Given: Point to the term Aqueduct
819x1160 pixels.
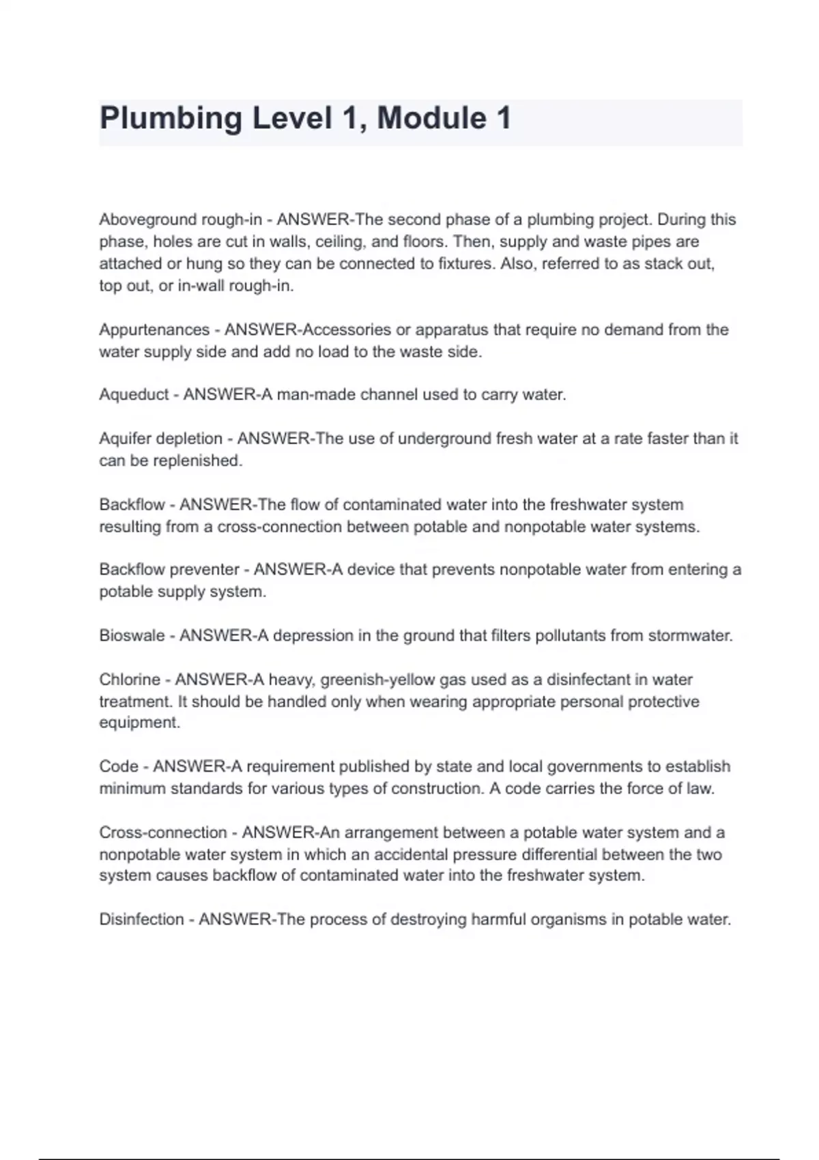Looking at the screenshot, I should (x=134, y=394).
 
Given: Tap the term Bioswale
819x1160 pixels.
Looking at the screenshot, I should (x=132, y=635).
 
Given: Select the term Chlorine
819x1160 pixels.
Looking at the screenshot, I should (x=130, y=680).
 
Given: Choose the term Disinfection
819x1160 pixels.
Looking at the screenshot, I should (x=141, y=919).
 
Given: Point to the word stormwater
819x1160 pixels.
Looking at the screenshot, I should (x=689, y=635).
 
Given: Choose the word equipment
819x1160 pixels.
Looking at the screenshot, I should (x=139, y=723).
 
